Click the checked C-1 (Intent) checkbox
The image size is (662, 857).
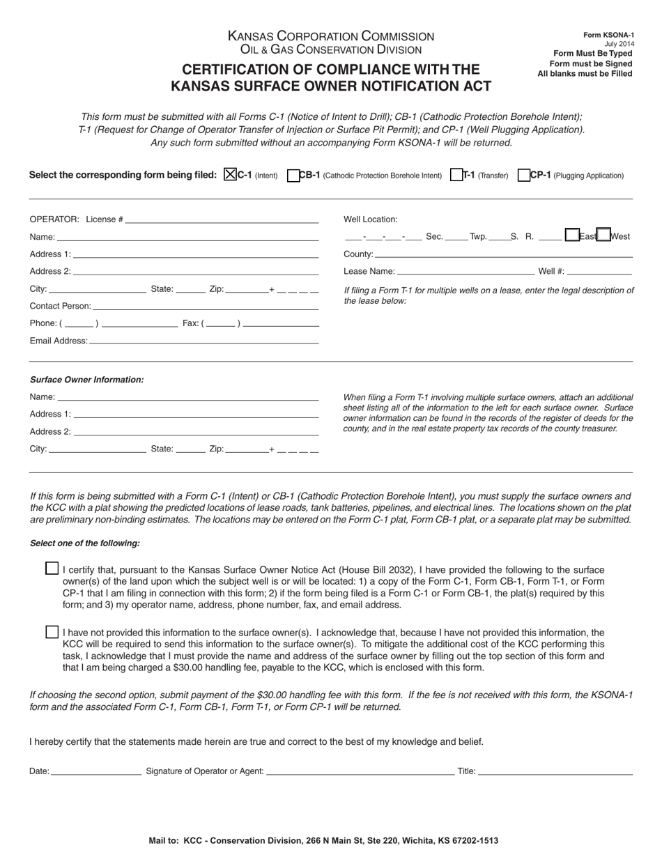point(231,176)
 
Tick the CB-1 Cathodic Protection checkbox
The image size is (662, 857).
point(293,176)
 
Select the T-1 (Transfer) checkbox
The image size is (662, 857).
point(457,176)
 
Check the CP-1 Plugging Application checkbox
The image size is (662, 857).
point(524,176)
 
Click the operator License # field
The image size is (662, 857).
point(221,219)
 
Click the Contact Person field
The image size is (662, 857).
point(205,305)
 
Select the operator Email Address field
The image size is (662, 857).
point(203,340)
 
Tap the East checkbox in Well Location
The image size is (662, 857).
point(572,236)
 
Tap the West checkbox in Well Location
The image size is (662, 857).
point(604,236)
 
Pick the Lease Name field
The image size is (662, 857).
point(465,271)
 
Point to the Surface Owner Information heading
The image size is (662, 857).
point(86,380)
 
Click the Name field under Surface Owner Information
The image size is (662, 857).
point(188,396)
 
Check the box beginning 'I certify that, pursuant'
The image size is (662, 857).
point(52,569)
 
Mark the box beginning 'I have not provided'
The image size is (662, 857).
point(52,632)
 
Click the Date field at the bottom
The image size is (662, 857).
point(96,771)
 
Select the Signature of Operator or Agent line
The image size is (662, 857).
point(360,771)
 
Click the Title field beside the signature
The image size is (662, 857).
point(555,771)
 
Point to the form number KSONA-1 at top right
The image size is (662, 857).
point(608,35)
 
